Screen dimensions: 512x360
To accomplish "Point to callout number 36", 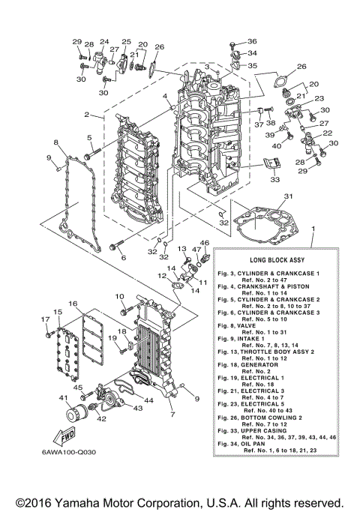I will [x=251, y=41].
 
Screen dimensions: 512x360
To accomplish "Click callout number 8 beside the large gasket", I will [x=55, y=142].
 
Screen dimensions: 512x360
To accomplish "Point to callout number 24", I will [x=103, y=41].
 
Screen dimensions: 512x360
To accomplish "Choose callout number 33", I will [x=274, y=180].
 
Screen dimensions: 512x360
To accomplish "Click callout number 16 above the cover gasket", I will [x=73, y=303].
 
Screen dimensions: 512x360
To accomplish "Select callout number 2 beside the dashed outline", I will [x=88, y=115].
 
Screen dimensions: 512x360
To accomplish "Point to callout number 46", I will [x=205, y=244].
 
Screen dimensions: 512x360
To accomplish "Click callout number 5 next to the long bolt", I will [x=88, y=137].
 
